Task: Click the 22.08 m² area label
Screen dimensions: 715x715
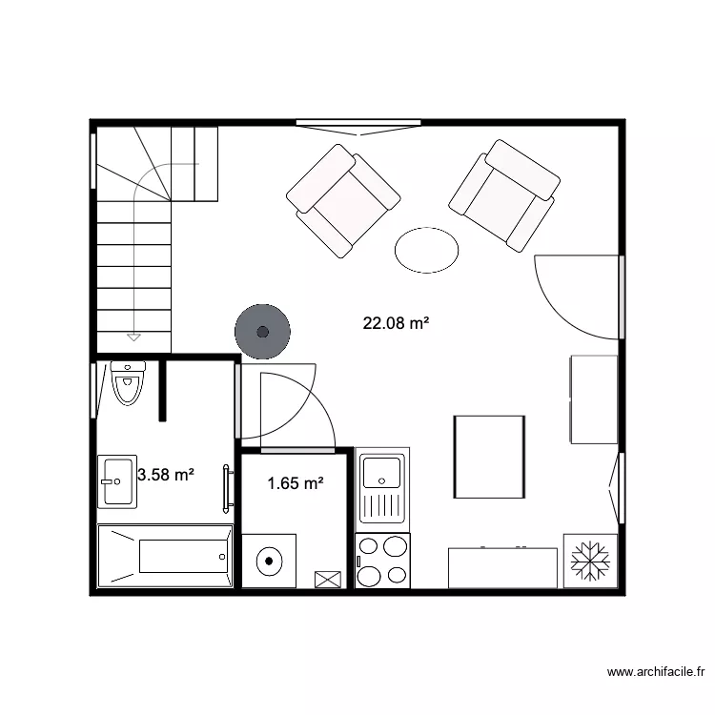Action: pos(396,323)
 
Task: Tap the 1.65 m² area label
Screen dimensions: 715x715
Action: pos(295,483)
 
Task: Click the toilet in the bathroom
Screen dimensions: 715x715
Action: pos(127,384)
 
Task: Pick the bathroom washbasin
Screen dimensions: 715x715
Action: pos(117,482)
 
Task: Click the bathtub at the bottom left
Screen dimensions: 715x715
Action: pos(166,556)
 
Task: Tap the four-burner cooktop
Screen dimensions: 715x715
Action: pos(383,561)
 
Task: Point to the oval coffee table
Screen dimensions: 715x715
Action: pos(426,249)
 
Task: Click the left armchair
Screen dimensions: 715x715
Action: pos(342,200)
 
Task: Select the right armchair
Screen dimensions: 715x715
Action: pos(503,194)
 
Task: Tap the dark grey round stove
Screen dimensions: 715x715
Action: pos(261,331)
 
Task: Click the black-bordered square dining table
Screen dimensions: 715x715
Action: pos(489,457)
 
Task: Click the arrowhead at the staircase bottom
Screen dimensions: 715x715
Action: pos(133,337)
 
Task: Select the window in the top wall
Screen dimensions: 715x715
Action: pos(357,123)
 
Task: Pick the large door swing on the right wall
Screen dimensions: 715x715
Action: pos(577,296)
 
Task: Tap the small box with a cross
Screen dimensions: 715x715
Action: pos(327,578)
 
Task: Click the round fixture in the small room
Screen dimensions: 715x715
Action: pos(270,561)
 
